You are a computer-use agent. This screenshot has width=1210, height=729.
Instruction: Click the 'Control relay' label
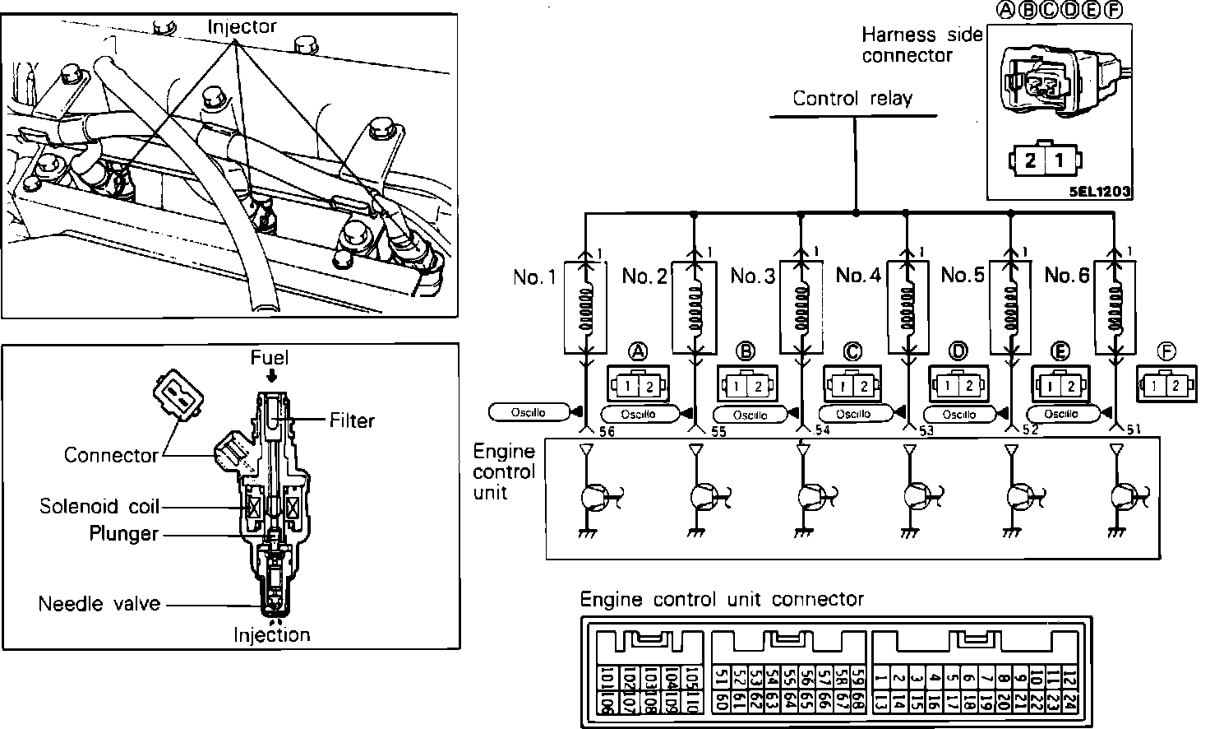point(852,99)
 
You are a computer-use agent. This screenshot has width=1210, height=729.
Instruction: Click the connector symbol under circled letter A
point(638,384)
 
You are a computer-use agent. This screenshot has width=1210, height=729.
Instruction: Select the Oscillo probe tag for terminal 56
point(529,412)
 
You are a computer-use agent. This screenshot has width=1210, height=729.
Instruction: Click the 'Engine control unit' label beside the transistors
point(504,472)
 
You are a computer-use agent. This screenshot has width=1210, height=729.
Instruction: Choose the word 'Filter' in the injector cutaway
point(352,420)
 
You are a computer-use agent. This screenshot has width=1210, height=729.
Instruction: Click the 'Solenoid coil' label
point(99,506)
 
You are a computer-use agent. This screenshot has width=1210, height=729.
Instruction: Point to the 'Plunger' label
point(123,534)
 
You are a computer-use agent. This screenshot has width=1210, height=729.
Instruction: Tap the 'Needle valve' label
point(99,605)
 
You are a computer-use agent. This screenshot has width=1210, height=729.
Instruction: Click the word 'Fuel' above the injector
point(270,358)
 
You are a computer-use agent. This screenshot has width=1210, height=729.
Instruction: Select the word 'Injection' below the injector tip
point(271,635)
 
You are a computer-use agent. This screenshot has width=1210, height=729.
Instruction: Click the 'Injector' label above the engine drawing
point(242,26)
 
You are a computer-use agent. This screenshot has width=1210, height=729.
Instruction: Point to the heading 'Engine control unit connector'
point(722,599)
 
